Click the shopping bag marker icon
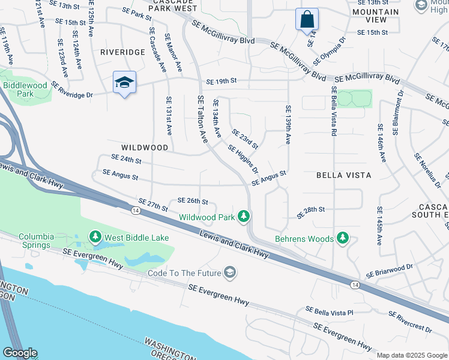click(x=307, y=19)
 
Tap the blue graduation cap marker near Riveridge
click(x=124, y=83)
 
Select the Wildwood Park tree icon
click(x=243, y=216)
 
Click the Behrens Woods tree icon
click(x=343, y=238)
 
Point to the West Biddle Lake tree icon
click(x=95, y=238)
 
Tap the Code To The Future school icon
click(x=229, y=273)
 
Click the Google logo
click(x=20, y=353)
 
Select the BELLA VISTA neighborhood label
click(x=344, y=175)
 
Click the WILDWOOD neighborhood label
click(x=145, y=147)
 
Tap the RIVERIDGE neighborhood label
click(x=122, y=52)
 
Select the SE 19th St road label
click(x=222, y=81)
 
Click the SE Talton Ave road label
click(x=202, y=119)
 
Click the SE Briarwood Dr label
click(x=390, y=271)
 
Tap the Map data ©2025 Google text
click(x=411, y=355)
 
